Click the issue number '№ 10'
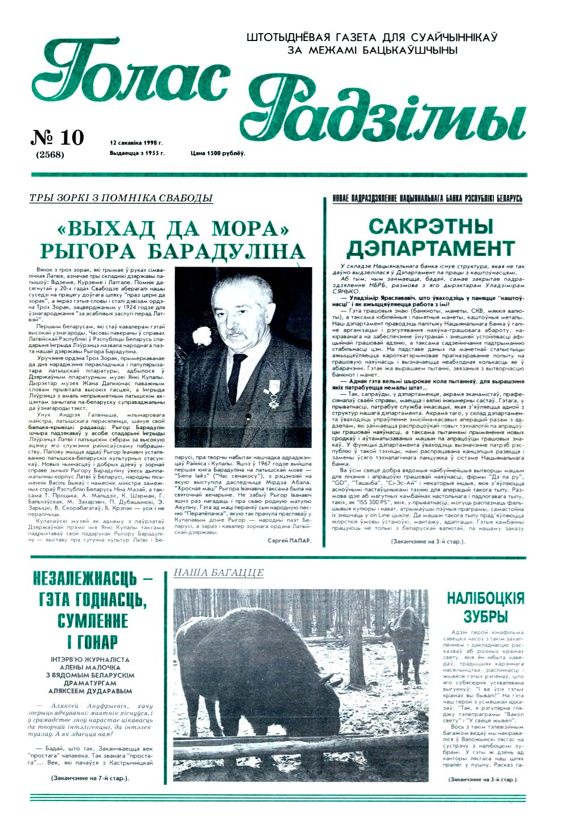(57, 138)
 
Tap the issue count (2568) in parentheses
(50, 154)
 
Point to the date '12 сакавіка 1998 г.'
(137, 144)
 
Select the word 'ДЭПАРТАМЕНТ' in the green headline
(431, 249)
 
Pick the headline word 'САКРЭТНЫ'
(431, 226)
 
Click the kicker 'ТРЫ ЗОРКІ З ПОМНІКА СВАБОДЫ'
(121, 198)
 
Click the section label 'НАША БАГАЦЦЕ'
(219, 573)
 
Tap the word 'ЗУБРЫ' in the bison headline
(485, 616)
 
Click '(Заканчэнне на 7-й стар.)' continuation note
(89, 778)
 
